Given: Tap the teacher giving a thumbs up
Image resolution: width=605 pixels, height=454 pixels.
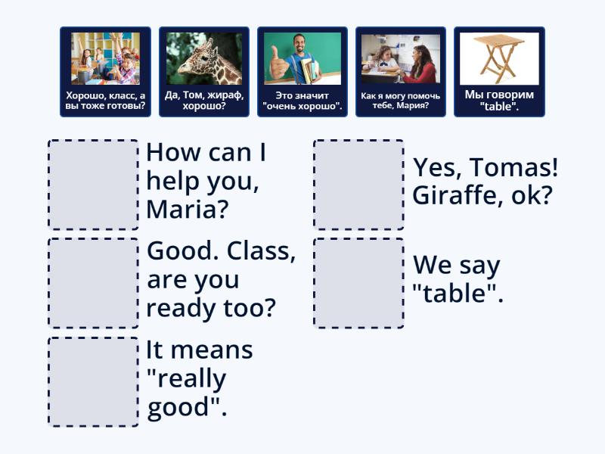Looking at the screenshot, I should [x=302, y=58].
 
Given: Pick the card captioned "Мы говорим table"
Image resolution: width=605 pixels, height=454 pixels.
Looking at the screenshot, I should [x=499, y=101].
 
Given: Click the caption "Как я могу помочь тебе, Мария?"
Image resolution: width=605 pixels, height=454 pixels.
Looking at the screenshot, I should [x=401, y=101].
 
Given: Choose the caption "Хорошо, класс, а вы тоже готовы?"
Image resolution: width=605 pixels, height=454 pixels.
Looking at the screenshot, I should [x=106, y=101].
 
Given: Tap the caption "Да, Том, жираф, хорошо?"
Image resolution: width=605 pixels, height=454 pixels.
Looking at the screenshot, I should [x=204, y=101].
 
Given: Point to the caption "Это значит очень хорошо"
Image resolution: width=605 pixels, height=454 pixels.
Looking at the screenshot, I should [x=302, y=101].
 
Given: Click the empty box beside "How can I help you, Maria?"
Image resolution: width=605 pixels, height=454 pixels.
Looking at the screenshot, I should [x=93, y=185].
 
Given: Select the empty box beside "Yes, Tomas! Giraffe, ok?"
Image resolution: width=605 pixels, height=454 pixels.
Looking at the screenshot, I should [x=358, y=185].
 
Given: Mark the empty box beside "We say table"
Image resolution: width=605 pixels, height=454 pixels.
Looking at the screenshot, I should [x=358, y=283].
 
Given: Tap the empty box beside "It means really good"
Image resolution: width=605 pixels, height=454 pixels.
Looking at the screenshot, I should [x=93, y=381].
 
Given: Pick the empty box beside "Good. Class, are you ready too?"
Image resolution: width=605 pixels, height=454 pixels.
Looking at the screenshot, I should [x=93, y=283].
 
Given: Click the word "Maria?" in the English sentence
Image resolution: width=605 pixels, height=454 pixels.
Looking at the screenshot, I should [x=187, y=209].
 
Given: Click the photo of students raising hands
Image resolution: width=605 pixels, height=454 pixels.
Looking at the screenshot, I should [x=106, y=58].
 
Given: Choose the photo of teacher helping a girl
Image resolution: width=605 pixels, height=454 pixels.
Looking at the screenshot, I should [x=401, y=58].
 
